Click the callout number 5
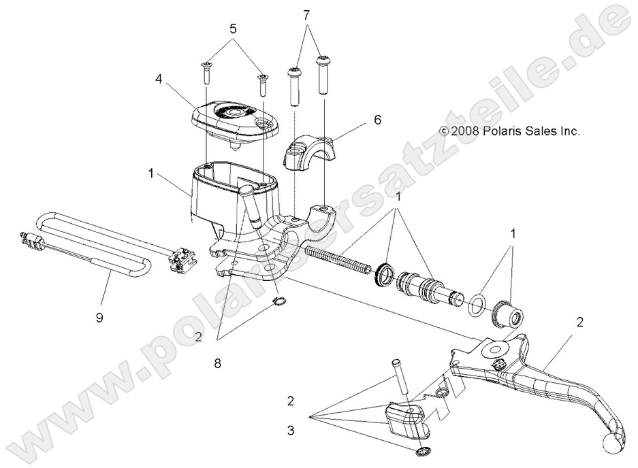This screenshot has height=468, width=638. click(x=233, y=30)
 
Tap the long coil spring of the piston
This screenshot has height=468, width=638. click(x=340, y=259)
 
